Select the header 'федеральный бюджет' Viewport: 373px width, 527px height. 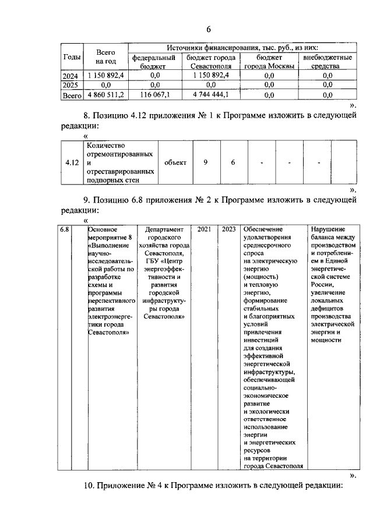(154, 62)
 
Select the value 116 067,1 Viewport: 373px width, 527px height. (154, 94)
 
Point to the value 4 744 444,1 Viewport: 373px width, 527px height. (210, 94)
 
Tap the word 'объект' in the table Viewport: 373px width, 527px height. (175, 162)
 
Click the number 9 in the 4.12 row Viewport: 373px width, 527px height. (205, 162)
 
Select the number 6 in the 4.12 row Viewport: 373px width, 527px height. (233, 162)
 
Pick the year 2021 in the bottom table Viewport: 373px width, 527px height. (204, 229)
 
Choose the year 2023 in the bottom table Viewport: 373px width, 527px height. (228, 229)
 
